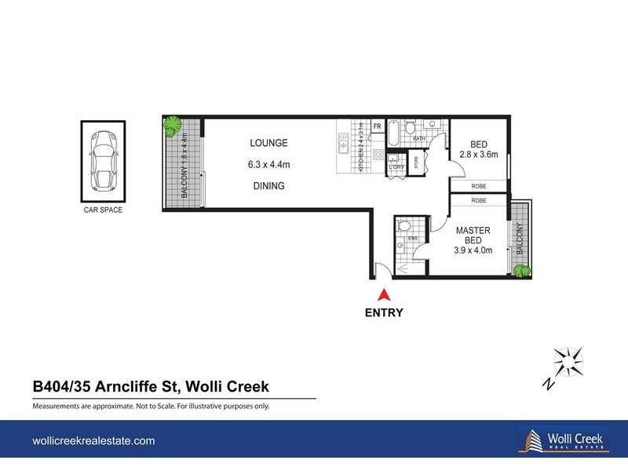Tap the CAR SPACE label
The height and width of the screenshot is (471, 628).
(102, 210)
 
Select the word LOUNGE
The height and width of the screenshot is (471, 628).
(268, 143)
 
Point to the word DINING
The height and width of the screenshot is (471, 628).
(268, 186)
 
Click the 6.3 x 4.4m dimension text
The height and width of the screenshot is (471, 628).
(269, 165)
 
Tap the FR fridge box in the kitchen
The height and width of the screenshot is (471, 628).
(377, 126)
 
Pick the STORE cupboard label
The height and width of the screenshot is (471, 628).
(428, 162)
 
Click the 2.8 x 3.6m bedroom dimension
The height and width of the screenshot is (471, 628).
(479, 155)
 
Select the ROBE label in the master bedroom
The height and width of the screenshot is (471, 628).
(478, 201)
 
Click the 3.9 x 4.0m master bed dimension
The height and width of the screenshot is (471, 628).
(473, 250)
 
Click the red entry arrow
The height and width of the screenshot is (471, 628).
(383, 295)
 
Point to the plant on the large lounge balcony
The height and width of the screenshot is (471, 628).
(171, 125)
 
